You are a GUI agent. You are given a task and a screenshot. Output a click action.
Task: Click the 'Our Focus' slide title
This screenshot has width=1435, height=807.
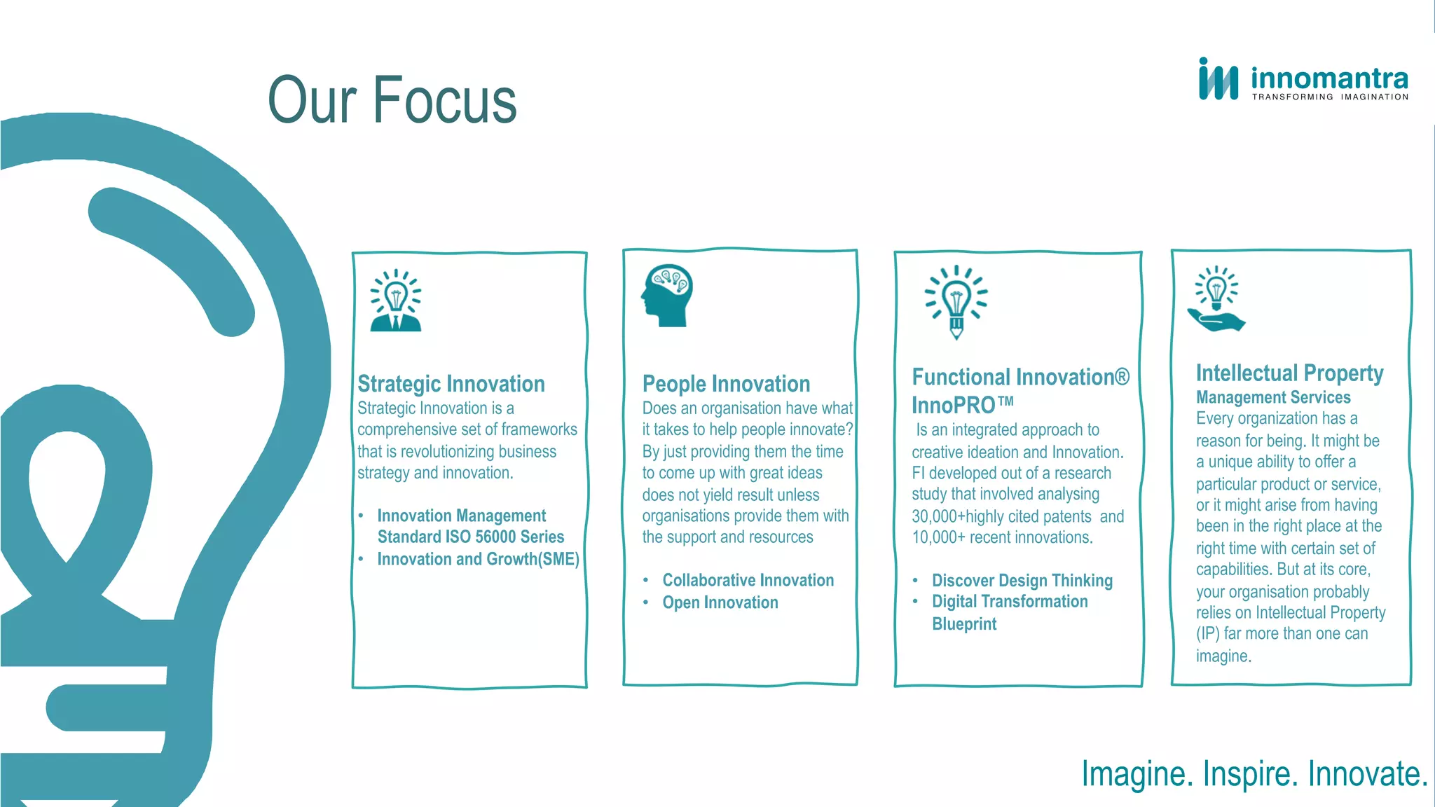click(392, 101)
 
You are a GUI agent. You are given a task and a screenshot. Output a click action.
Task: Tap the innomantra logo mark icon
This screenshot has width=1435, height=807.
click(1218, 80)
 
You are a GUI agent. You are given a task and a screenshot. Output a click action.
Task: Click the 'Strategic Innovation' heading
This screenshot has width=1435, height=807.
click(451, 384)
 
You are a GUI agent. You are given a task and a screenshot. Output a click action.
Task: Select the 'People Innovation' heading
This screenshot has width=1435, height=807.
click(726, 384)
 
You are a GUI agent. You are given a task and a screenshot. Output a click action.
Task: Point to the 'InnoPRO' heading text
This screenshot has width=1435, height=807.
click(954, 405)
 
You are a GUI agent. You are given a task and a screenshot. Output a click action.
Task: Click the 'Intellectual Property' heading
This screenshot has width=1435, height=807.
click(1289, 373)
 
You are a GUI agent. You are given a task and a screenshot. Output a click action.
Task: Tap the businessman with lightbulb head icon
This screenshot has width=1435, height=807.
click(396, 301)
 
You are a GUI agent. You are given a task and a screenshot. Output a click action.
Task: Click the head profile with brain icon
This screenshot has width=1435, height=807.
click(667, 295)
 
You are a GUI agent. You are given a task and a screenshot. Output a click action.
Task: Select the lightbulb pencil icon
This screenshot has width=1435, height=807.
click(956, 302)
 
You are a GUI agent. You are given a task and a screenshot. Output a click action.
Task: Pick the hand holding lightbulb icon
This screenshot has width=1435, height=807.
click(1216, 299)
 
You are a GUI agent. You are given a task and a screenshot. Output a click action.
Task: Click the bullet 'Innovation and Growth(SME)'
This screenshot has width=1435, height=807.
click(478, 559)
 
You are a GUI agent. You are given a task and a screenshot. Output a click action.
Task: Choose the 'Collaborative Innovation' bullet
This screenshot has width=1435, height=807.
click(748, 580)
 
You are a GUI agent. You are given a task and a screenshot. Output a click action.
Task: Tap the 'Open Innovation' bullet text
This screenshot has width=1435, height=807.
click(720, 602)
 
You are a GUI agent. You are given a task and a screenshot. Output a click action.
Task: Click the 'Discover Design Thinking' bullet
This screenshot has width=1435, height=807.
click(1022, 581)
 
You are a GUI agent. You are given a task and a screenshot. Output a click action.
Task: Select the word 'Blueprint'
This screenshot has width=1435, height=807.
click(963, 624)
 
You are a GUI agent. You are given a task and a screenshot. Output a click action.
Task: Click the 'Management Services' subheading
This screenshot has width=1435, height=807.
click(1272, 397)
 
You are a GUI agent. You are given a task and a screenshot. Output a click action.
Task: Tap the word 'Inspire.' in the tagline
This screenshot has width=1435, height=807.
click(1250, 774)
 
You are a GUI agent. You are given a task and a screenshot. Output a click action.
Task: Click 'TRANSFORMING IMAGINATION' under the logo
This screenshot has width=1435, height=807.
click(1329, 97)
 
